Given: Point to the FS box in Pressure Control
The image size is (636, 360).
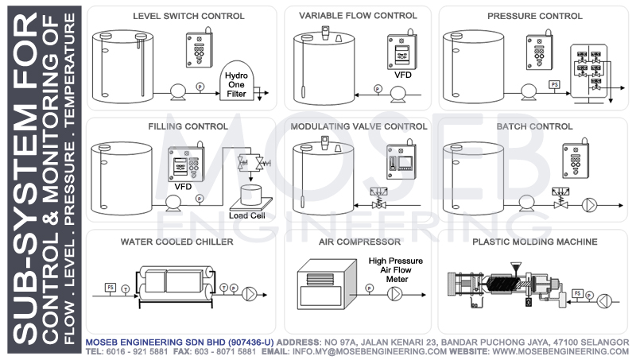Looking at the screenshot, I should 553,83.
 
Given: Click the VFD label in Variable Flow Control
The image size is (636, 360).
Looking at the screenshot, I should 401,76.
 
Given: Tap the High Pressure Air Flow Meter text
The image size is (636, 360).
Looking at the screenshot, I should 395,269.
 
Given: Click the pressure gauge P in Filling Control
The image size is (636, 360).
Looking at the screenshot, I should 199,196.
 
